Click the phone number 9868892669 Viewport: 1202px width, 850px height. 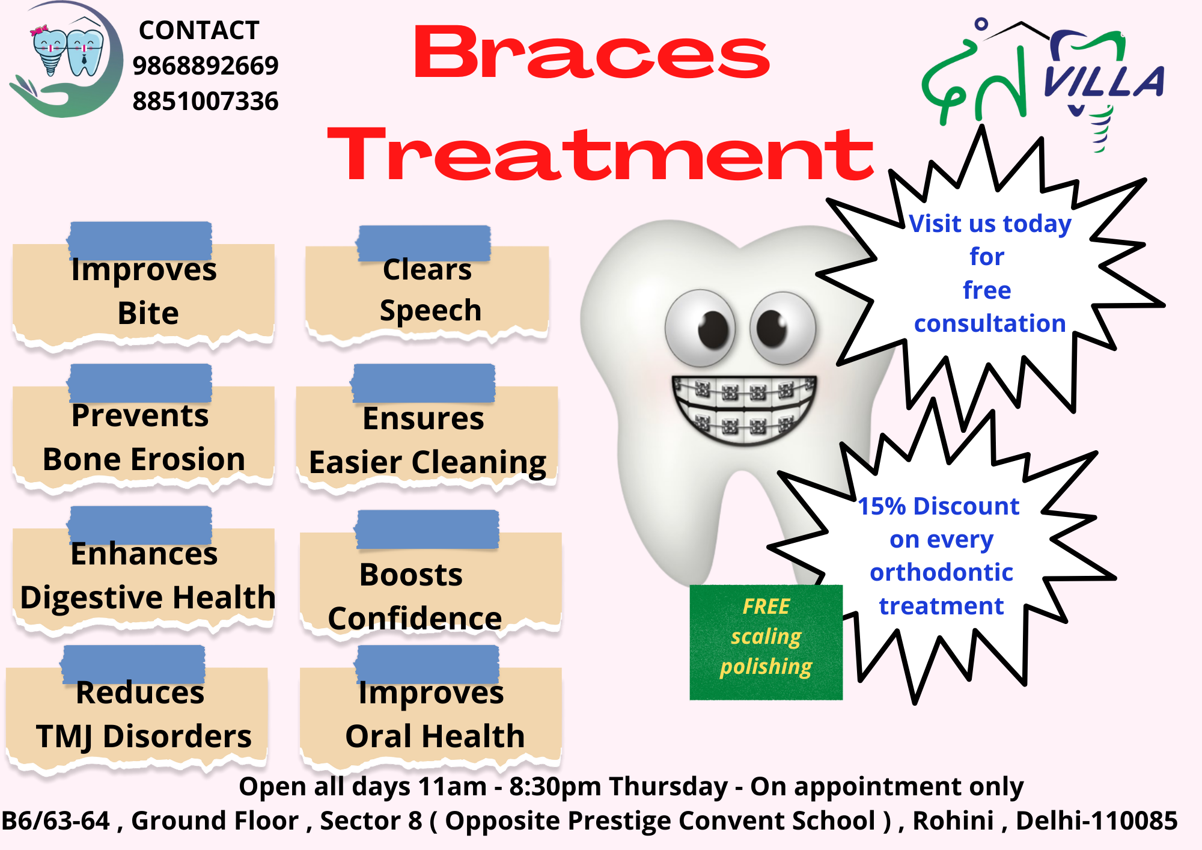pos(206,66)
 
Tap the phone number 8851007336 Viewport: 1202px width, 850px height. pos(206,101)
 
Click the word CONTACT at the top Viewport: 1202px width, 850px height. pos(199,30)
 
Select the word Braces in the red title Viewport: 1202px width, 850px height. pos(591,53)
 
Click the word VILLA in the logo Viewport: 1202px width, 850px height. pos(1104,81)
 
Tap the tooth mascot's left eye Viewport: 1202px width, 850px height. pos(700,328)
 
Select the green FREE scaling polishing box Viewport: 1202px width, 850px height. pos(766,642)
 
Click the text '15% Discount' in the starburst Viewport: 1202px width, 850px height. pos(938,506)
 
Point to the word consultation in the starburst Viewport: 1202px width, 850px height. pos(990,323)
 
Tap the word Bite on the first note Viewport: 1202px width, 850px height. pos(148,313)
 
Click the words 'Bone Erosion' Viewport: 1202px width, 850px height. pos(144,459)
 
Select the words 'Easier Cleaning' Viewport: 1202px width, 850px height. pos(427,463)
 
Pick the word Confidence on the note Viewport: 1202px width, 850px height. pos(415,619)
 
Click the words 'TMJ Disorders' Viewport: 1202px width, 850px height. pos(144,737)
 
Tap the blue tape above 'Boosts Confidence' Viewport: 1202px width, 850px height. pos(427,530)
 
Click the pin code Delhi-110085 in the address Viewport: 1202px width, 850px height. pos(1096,821)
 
